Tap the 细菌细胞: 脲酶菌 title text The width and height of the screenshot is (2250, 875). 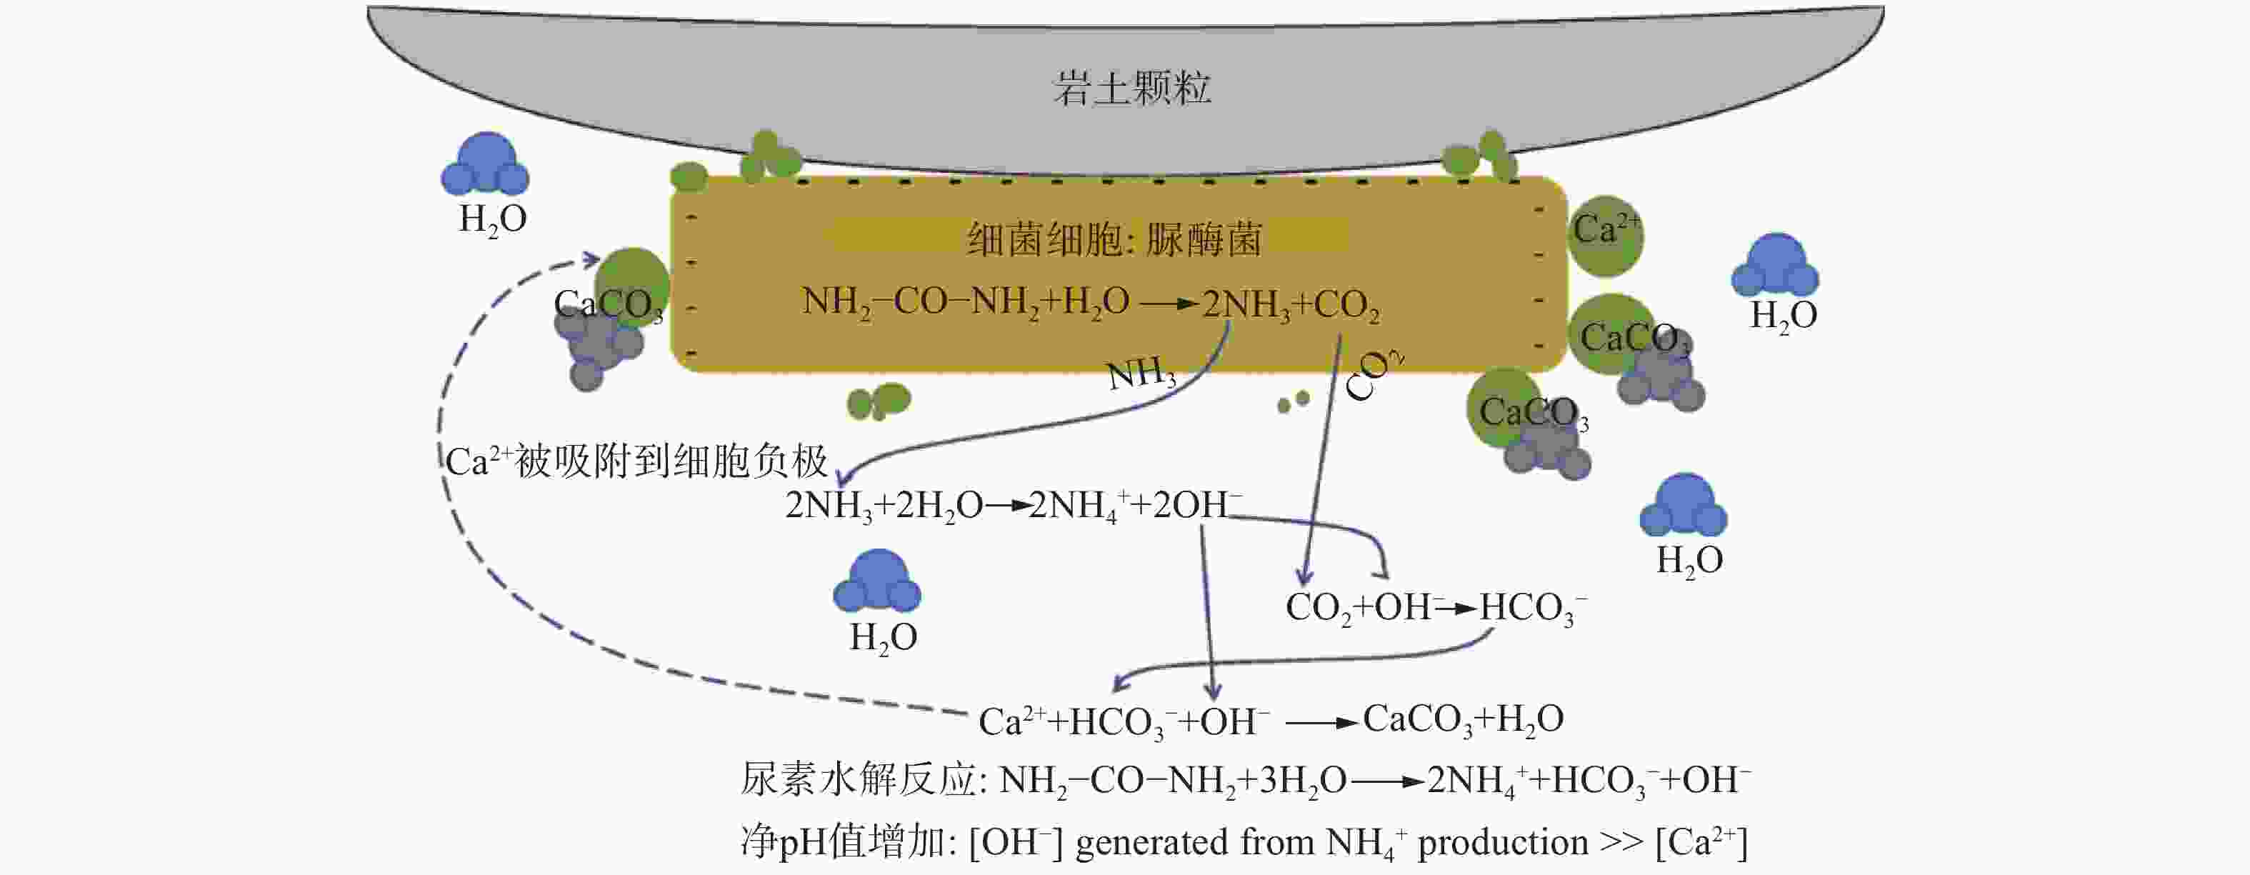pos(1114,239)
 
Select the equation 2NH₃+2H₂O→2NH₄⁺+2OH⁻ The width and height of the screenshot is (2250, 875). pos(1013,506)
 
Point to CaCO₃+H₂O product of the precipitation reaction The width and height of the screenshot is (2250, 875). pos(1463,719)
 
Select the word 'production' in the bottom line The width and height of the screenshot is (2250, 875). pos(1502,843)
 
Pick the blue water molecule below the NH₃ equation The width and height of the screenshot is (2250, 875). pos(878,581)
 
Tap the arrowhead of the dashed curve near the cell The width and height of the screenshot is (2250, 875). pos(592,259)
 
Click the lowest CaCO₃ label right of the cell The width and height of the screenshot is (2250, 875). pos(1533,413)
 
